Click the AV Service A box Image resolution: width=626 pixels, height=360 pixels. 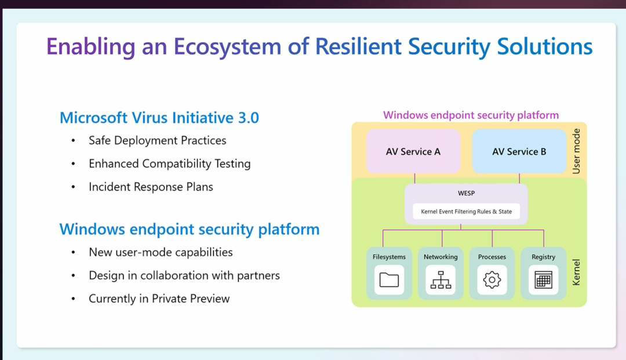coord(413,151)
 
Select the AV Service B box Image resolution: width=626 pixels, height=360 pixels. coord(519,151)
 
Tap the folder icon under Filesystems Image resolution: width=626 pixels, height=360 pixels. coord(389,280)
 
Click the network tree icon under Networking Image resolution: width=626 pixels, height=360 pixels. coord(441,280)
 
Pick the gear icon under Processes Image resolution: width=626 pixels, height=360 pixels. coord(492,280)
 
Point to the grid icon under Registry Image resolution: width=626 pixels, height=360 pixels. coord(543,280)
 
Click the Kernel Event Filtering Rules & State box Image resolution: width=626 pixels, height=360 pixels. coord(466,212)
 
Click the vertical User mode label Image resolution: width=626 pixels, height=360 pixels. coord(576,151)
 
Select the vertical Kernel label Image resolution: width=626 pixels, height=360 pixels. coord(576,271)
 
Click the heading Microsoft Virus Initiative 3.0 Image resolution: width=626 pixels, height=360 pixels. coord(159,118)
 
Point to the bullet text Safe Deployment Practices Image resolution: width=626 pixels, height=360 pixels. coord(157,140)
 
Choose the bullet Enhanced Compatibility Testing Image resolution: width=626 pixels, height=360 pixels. coord(169,163)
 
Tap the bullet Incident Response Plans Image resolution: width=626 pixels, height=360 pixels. coord(151,187)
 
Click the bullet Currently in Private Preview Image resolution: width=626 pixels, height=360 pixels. coord(159,299)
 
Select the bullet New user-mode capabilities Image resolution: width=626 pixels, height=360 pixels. coord(161,252)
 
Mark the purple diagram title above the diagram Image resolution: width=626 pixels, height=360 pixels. coord(471,115)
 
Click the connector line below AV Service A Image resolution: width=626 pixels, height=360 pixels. coord(414,179)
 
